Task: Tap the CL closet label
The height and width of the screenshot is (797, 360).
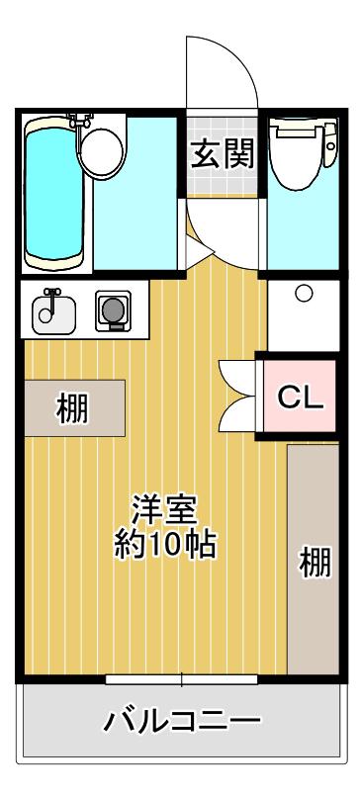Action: pyautogui.click(x=300, y=397)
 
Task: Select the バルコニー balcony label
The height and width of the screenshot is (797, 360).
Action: pyautogui.click(x=182, y=721)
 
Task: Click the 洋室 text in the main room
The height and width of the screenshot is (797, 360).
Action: pyautogui.click(x=164, y=509)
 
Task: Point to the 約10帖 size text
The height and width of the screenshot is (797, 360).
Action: pyautogui.click(x=165, y=545)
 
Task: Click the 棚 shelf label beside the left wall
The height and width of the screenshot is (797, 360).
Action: pyautogui.click(x=71, y=408)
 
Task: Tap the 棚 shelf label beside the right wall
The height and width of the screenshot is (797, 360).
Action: pyautogui.click(x=315, y=562)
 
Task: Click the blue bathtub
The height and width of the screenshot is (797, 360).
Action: pyautogui.click(x=54, y=193)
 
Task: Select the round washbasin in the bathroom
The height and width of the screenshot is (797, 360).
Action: pyautogui.click(x=103, y=151)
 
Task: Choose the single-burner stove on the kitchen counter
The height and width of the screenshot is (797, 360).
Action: pyautogui.click(x=113, y=310)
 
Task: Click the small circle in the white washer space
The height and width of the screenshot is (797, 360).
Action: pyautogui.click(x=304, y=293)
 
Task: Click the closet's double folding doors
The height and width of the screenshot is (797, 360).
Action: pyautogui.click(x=237, y=396)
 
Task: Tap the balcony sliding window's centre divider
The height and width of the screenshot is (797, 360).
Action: pyautogui.click(x=182, y=679)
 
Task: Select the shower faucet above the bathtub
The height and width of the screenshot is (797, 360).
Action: pyautogui.click(x=80, y=121)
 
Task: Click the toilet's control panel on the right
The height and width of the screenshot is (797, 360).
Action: pyautogui.click(x=330, y=144)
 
